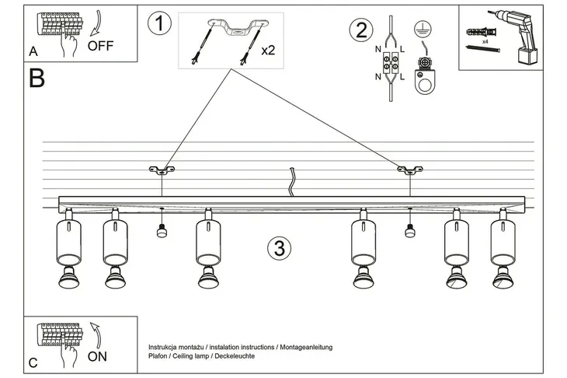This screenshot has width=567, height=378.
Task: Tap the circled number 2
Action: [360, 30]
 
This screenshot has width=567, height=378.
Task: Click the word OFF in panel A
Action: [101, 45]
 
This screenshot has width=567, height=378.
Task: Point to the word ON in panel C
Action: [98, 358]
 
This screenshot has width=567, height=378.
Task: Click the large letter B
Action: [36, 79]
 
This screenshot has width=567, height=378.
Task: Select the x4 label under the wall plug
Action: [484, 41]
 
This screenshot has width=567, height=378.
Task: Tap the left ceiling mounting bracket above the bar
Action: [162, 170]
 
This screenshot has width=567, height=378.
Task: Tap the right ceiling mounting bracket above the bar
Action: [408, 170]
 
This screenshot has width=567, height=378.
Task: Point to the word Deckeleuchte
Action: [230, 355]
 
